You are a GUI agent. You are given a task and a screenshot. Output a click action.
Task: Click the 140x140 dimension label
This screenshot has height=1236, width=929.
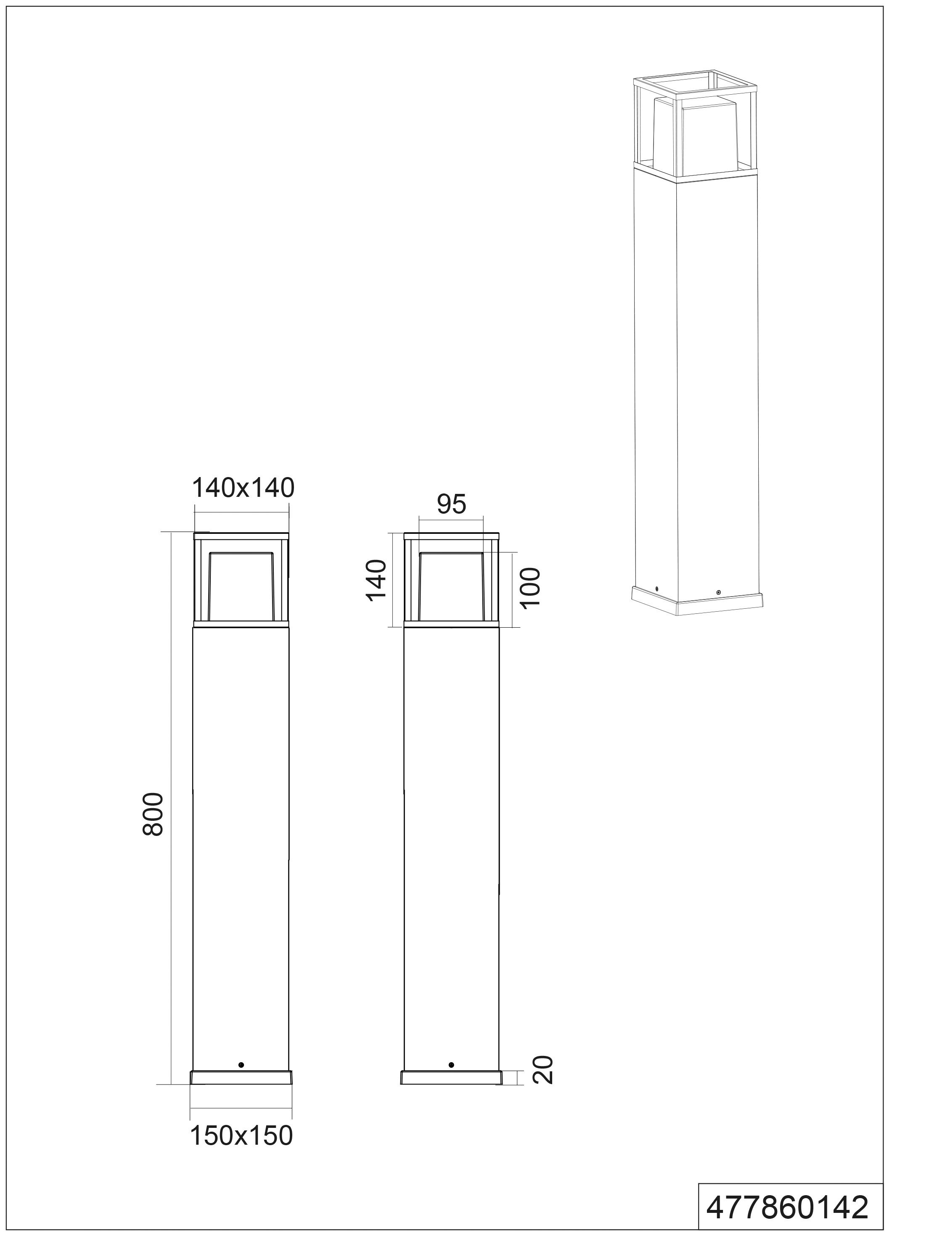(x=243, y=488)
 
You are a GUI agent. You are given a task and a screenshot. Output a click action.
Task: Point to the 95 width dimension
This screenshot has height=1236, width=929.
(x=451, y=504)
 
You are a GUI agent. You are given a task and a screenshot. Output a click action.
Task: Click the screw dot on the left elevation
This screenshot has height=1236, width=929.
(x=241, y=1064)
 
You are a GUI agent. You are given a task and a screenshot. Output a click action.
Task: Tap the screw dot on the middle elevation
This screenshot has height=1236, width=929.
(x=451, y=1064)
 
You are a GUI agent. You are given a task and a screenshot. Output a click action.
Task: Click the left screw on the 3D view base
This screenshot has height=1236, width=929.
(x=657, y=589)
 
